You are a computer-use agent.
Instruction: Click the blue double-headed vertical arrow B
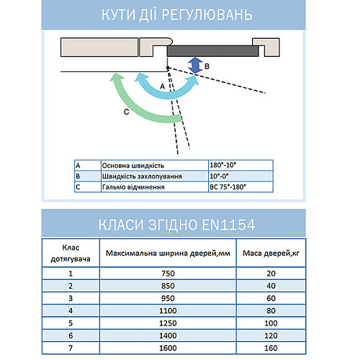point(194,66)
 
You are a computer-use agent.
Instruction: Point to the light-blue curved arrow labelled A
point(180,89)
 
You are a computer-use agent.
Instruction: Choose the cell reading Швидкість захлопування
point(141,176)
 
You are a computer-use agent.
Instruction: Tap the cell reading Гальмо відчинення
point(134,186)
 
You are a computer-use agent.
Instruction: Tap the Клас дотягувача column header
point(71,253)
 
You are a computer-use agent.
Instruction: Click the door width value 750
point(168,274)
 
